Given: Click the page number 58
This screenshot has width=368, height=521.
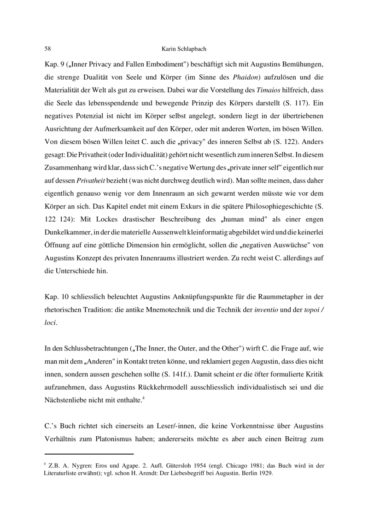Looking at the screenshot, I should pyautogui.click(x=47, y=48).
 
